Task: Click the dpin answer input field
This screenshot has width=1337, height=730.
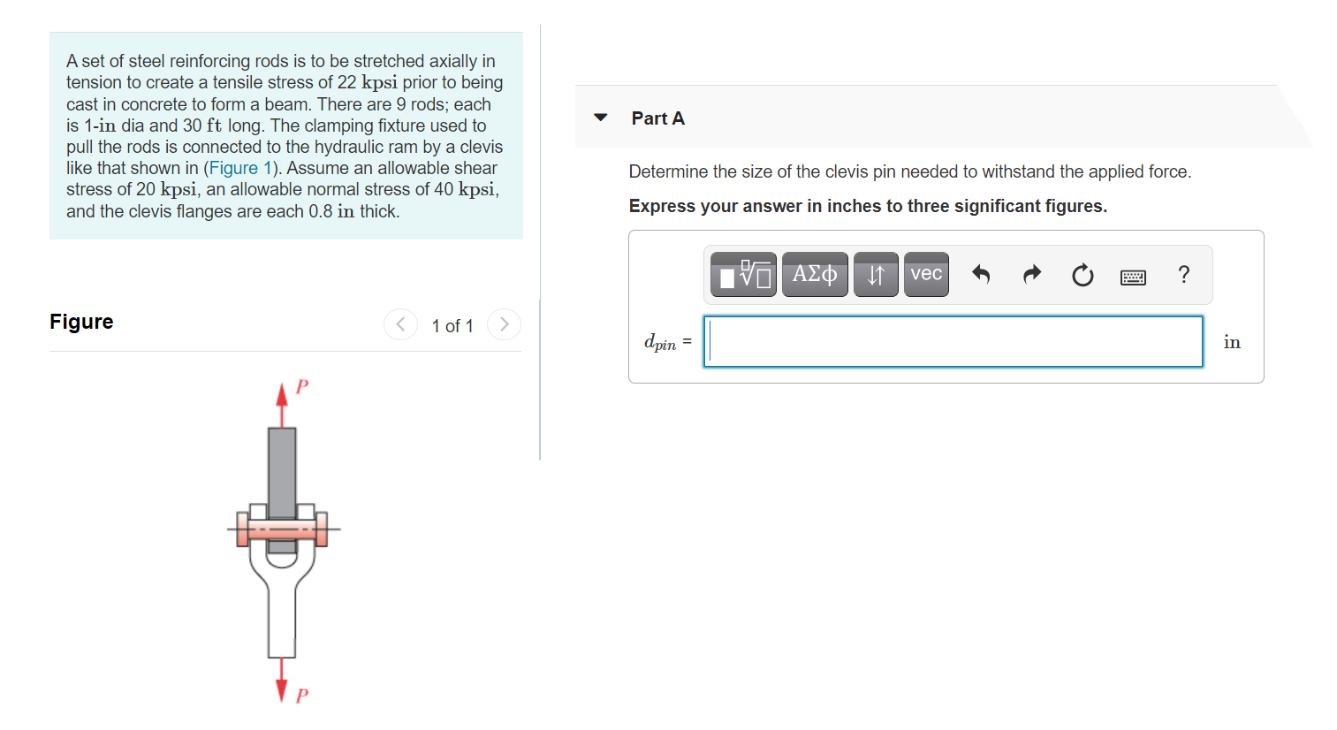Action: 953,341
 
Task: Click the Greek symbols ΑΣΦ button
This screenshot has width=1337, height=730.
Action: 814,274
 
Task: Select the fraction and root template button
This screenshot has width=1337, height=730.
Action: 743,274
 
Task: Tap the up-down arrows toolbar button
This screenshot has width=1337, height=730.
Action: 876,274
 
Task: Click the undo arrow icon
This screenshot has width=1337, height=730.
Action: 981,275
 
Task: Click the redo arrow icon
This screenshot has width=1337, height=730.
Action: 1031,275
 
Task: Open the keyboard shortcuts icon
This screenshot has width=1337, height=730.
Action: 1133,277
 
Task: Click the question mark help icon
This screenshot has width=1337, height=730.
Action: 1184,275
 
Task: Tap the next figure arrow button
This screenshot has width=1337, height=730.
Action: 504,324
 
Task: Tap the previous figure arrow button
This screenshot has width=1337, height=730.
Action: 400,324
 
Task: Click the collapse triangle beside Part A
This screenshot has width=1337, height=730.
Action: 601,118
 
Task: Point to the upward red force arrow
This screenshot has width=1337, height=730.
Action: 282,402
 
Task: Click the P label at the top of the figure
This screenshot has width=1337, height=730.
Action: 302,386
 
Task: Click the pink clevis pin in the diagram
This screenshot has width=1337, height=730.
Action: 282,529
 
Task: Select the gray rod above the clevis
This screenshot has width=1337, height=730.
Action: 282,468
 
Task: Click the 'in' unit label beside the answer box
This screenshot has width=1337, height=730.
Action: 1232,342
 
